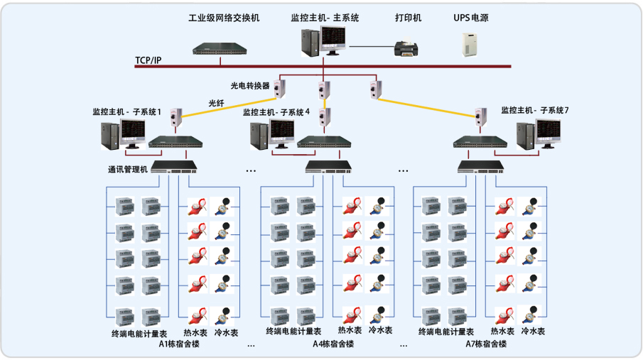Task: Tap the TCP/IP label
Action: pyautogui.click(x=148, y=60)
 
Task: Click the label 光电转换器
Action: pyautogui.click(x=250, y=85)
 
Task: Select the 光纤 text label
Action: pyautogui.click(x=216, y=103)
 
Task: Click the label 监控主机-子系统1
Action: pyautogui.click(x=127, y=112)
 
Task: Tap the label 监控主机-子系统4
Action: pyautogui.click(x=277, y=112)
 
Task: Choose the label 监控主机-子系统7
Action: pyautogui.click(x=535, y=111)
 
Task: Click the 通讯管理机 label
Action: pyautogui.click(x=128, y=169)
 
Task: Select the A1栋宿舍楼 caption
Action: pyautogui.click(x=179, y=344)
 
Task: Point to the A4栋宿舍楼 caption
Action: pyautogui.click(x=333, y=344)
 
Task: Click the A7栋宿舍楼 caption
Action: pyautogui.click(x=486, y=344)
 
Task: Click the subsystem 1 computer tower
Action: pyautogui.click(x=109, y=136)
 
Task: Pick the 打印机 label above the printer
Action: pyautogui.click(x=407, y=18)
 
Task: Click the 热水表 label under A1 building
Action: pyautogui.click(x=195, y=332)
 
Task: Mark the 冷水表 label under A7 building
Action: pyautogui.click(x=533, y=332)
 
